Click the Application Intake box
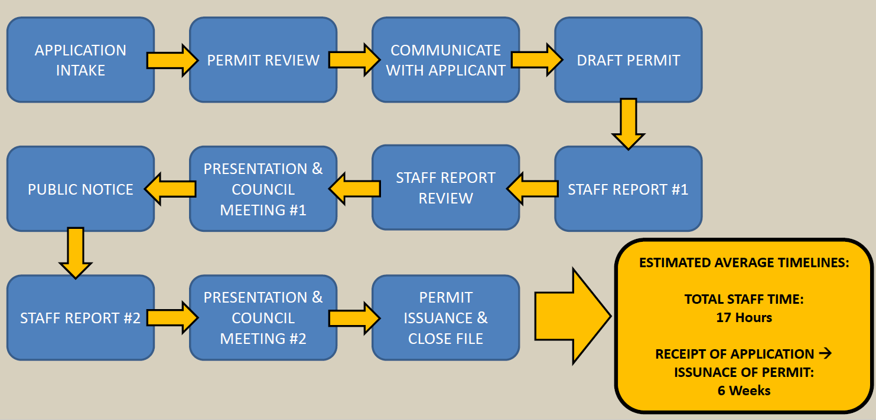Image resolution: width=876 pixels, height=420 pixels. point(80,60)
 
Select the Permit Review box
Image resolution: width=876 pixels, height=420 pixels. point(263,60)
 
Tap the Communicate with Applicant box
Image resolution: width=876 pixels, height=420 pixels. point(445,60)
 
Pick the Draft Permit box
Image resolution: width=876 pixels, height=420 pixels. point(628,60)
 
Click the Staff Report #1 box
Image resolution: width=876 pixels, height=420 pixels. point(628,189)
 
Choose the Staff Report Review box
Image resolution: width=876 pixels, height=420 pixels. point(445,188)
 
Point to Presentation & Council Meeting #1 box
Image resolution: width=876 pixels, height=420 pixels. point(263,189)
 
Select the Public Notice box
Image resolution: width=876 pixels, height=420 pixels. point(80,189)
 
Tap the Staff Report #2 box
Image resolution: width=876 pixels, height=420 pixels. point(80,318)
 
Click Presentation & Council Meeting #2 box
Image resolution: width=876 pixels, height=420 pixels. point(263,318)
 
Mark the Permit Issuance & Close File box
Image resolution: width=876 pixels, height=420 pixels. point(445,318)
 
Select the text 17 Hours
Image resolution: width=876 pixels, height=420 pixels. point(744,317)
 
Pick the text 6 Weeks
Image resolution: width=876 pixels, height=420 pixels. point(744,390)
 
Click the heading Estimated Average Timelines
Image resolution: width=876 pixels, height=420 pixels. point(744,262)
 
